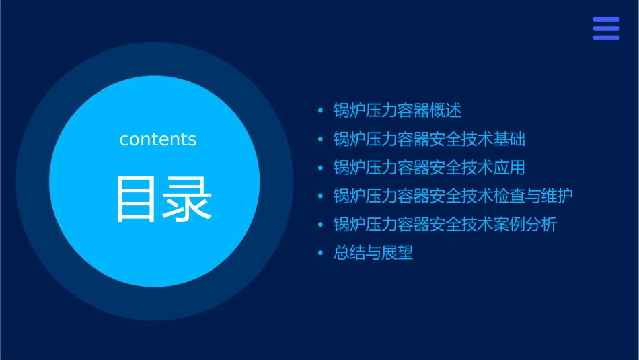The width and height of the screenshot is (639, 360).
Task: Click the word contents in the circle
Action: [158, 139]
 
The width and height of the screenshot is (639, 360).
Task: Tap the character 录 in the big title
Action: [188, 199]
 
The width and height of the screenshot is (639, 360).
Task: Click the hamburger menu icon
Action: [606, 28]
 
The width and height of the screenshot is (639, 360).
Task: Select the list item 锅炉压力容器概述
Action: [398, 110]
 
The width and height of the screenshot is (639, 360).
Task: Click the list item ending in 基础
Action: [429, 139]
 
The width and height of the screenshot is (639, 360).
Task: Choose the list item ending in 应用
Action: [429, 168]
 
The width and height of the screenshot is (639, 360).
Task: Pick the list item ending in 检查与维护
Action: [453, 196]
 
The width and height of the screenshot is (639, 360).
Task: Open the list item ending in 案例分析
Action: [445, 225]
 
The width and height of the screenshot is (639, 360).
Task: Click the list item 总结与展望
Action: [373, 254]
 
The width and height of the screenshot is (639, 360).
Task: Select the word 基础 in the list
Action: [510, 139]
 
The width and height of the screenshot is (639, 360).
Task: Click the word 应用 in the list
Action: [510, 168]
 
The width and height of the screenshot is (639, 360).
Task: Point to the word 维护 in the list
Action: [558, 196]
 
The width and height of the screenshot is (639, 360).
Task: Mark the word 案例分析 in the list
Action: [526, 225]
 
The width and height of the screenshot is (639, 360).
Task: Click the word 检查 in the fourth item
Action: [510, 196]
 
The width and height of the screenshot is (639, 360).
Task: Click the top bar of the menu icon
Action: [606, 20]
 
